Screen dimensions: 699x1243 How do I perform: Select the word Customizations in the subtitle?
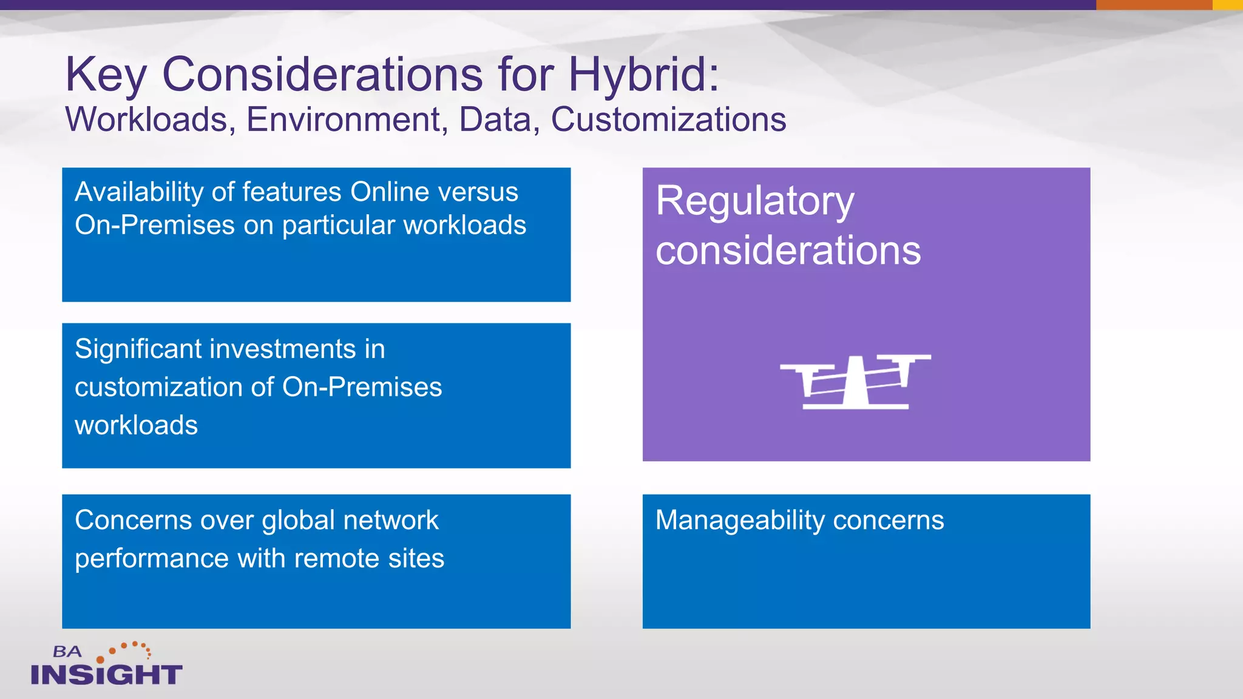[x=668, y=120]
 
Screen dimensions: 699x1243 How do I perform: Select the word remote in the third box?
[x=336, y=558]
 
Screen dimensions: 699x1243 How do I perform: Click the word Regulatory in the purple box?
[x=754, y=201]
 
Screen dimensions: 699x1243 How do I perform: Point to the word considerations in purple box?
[x=788, y=251]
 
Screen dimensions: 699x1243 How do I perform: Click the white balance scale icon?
[x=855, y=382]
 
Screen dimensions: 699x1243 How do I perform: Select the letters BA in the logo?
[x=67, y=652]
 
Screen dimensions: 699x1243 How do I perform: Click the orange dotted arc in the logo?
[x=127, y=649]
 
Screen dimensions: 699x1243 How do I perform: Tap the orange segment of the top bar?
[x=1154, y=5]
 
